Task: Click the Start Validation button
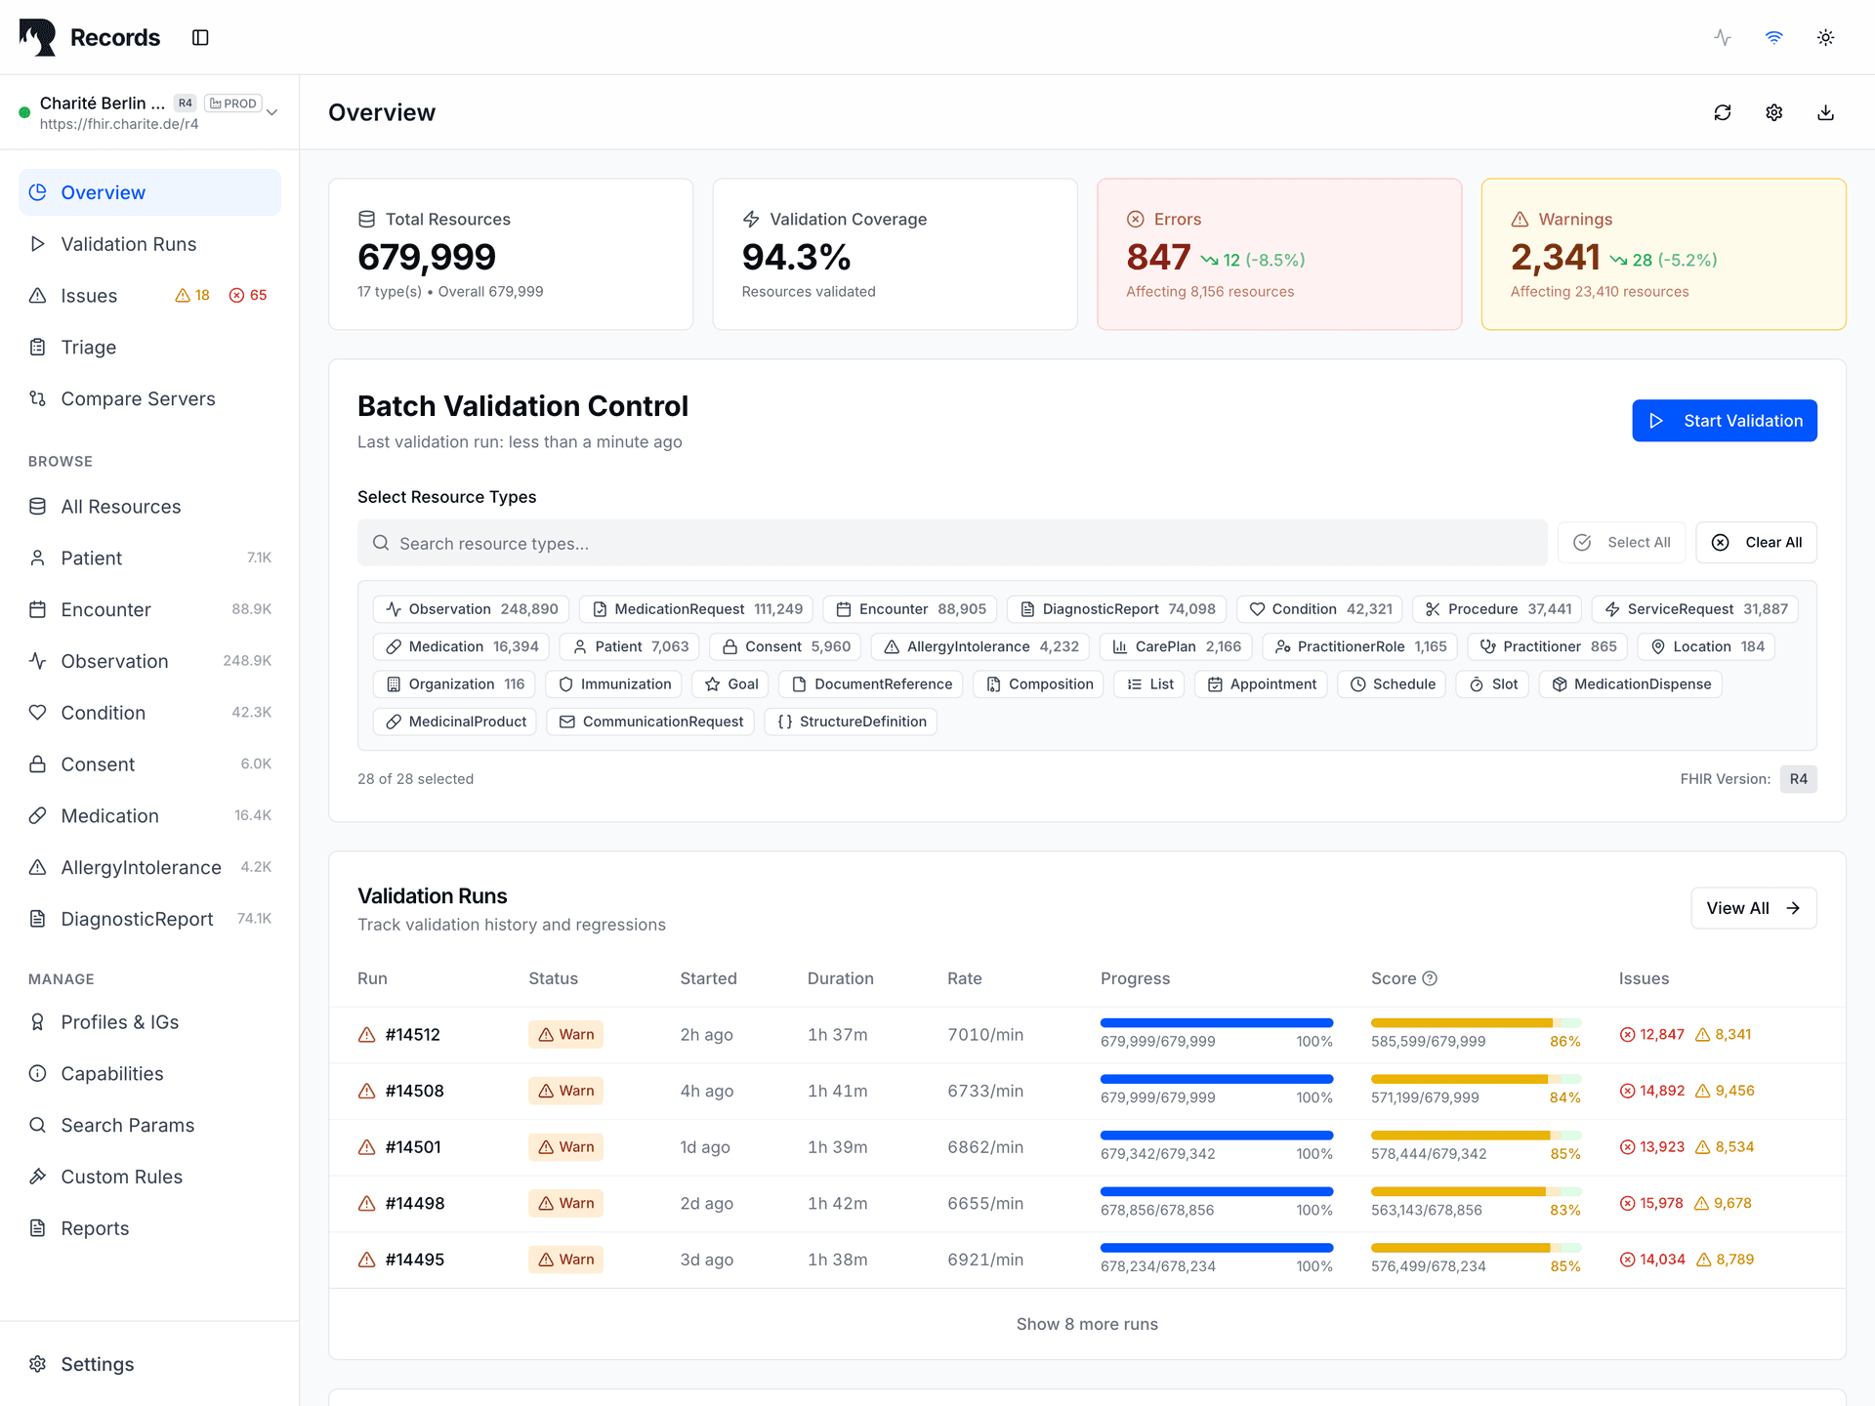[x=1724, y=421]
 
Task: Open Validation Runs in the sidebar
[x=128, y=244]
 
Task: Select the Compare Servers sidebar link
[x=138, y=398]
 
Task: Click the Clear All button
[x=1756, y=543]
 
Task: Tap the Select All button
[x=1621, y=543]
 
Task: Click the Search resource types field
[x=952, y=543]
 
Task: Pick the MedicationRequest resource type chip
[x=696, y=609]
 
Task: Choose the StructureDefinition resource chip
[x=851, y=722]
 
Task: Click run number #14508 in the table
[x=414, y=1091]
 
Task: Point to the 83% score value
[x=1564, y=1210]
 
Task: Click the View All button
[x=1753, y=908]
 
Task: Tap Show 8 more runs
[x=1087, y=1324]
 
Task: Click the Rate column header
[x=964, y=978]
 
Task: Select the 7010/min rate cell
[x=985, y=1035]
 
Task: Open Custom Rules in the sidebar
[x=121, y=1177]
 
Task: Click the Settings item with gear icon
[x=97, y=1364]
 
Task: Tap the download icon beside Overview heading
[x=1825, y=112]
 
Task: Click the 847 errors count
[x=1158, y=257]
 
